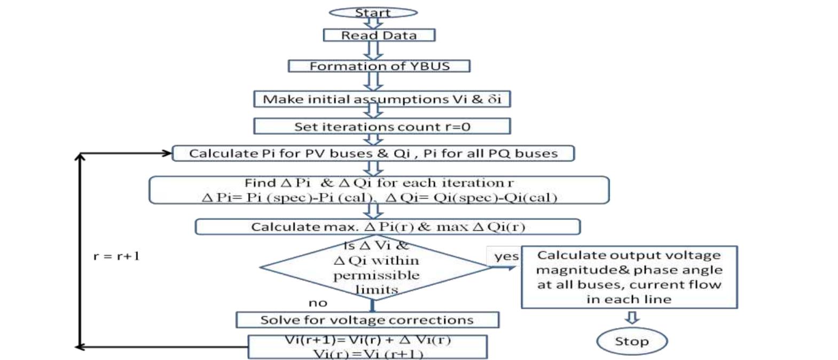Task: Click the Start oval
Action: (373, 12)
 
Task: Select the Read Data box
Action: (379, 35)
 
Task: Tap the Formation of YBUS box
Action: (379, 66)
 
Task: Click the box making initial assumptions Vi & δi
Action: (382, 99)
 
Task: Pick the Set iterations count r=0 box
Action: (382, 127)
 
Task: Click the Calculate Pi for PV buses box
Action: (373, 153)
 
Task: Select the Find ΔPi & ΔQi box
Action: (379, 190)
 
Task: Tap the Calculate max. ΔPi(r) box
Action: (387, 226)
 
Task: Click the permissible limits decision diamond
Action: (375, 267)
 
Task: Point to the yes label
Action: (505, 256)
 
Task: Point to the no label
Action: (317, 303)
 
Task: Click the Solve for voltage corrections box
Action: (367, 320)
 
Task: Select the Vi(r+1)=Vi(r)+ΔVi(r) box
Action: (367, 347)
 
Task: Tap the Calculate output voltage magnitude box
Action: (629, 277)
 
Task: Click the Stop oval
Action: (631, 341)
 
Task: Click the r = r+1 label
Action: (116, 256)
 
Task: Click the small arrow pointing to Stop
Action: (632, 318)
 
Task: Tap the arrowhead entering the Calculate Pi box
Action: (166, 153)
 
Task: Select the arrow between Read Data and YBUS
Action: (373, 50)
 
